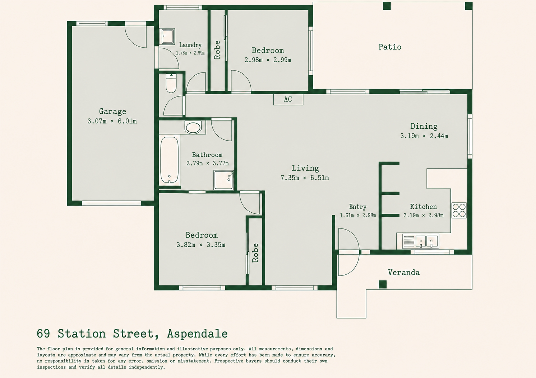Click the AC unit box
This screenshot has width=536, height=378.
click(x=288, y=99)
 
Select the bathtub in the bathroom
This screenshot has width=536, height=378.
click(x=170, y=160)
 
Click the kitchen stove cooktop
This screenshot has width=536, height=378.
click(x=459, y=210)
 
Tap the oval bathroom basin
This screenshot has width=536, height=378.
click(x=193, y=127)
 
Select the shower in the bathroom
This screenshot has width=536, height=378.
click(x=224, y=180)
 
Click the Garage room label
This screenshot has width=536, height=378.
click(x=112, y=112)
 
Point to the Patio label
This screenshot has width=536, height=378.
click(x=390, y=47)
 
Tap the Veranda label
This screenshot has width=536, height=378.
click(x=404, y=273)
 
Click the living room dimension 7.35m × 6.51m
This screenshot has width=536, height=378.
click(x=305, y=178)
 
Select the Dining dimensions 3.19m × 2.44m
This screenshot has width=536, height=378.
click(x=424, y=136)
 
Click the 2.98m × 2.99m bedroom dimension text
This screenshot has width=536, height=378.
click(x=268, y=60)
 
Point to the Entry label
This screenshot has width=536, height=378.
click(x=358, y=207)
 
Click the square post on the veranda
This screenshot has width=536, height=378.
click(x=383, y=284)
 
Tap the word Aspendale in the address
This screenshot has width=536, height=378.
click(x=197, y=334)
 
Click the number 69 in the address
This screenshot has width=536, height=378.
click(x=43, y=334)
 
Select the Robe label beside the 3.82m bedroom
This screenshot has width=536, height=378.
click(x=255, y=253)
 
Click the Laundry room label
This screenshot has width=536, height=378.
click(x=190, y=45)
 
